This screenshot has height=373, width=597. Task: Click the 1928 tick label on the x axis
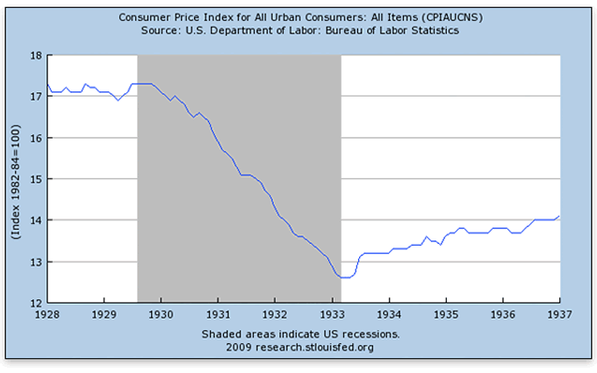pyautogui.click(x=47, y=312)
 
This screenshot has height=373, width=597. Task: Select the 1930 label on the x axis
pyautogui.click(x=162, y=312)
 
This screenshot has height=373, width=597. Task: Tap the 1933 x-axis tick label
pyautogui.click(x=332, y=312)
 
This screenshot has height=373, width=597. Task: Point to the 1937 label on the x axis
pyautogui.click(x=559, y=312)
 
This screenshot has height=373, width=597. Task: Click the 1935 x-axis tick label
pyautogui.click(x=446, y=312)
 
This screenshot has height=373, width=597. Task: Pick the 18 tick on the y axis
pyautogui.click(x=37, y=54)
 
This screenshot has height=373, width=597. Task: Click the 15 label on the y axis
pyautogui.click(x=37, y=178)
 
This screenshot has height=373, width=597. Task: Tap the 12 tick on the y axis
pyautogui.click(x=37, y=303)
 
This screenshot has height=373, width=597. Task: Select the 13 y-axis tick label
pyautogui.click(x=37, y=262)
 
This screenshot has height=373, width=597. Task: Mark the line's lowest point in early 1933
pyautogui.click(x=344, y=277)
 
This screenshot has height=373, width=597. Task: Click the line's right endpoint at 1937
pyautogui.click(x=559, y=216)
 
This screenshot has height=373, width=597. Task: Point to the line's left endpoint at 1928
pyautogui.click(x=47, y=83)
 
